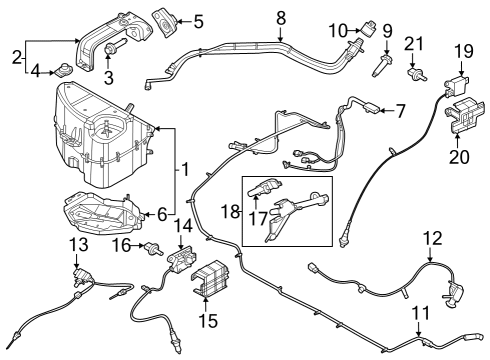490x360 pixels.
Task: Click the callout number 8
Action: pos(281,17)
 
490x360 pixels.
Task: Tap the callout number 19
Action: pos(464,50)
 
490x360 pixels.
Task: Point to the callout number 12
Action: pos(431,238)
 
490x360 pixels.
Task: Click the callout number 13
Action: pos(78,246)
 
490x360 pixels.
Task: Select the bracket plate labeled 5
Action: pos(164,20)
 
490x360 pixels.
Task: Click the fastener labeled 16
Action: pos(154,248)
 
